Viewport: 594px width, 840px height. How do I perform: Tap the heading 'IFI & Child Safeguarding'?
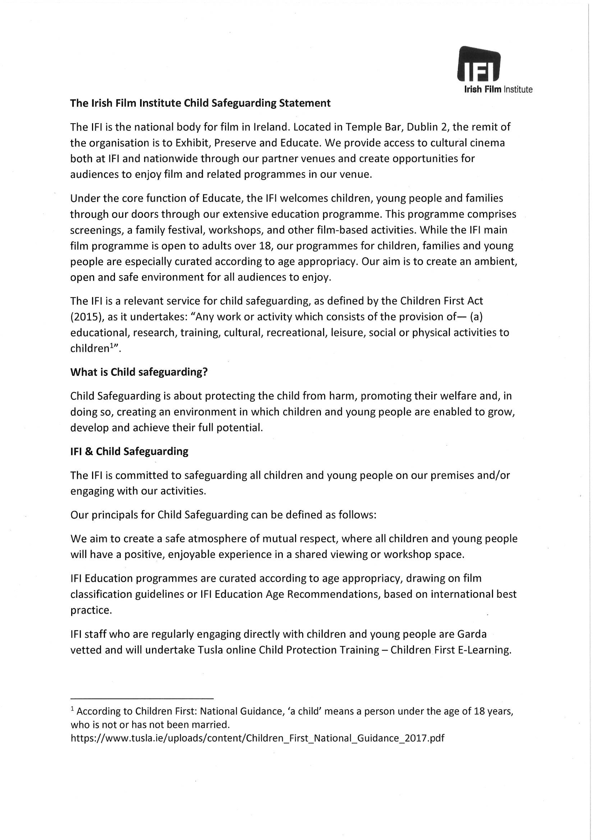click(x=129, y=451)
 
